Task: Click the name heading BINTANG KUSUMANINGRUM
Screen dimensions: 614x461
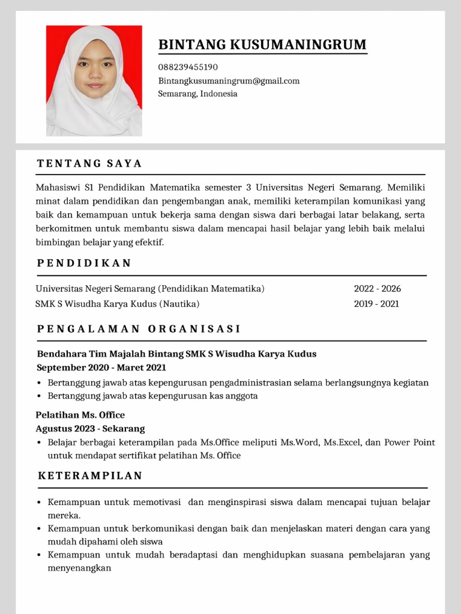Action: point(262,45)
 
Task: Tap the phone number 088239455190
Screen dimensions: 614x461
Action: point(188,67)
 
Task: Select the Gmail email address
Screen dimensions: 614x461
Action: point(229,81)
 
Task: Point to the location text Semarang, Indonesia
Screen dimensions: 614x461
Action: point(197,94)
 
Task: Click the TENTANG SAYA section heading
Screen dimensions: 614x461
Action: point(89,164)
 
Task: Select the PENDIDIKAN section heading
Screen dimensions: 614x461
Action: point(84,263)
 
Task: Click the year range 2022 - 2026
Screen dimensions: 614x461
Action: point(377,288)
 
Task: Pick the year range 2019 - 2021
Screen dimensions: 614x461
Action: point(376,304)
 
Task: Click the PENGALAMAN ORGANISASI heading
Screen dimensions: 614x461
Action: point(139,329)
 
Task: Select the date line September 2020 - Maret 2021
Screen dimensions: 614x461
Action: point(101,368)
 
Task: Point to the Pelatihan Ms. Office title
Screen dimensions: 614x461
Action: point(80,415)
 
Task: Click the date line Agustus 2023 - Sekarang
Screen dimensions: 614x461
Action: point(90,429)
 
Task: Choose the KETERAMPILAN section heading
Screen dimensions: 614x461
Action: point(90,476)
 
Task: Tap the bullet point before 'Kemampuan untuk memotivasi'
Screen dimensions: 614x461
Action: point(39,502)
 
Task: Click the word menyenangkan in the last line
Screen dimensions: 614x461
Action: point(79,568)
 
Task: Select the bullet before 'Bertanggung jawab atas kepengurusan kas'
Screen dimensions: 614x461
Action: point(39,396)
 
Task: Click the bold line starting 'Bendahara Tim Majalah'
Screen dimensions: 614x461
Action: point(176,354)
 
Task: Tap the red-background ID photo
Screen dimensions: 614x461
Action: point(94,81)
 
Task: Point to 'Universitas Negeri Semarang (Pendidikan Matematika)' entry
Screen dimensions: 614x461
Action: point(150,288)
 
